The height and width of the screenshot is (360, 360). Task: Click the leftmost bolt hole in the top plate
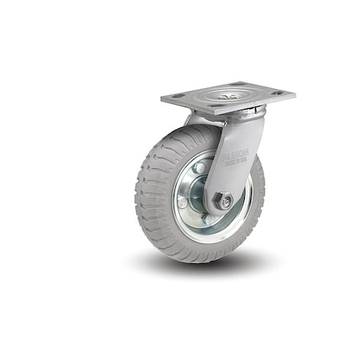coord(177,96)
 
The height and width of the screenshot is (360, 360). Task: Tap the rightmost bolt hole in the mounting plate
coord(278,93)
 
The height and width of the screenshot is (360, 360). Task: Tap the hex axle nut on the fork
coord(225,202)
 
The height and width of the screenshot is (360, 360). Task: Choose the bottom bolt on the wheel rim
coord(210,222)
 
